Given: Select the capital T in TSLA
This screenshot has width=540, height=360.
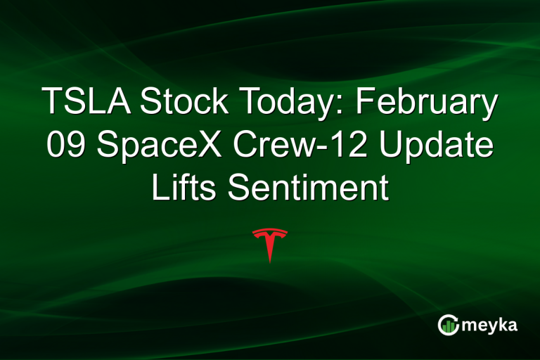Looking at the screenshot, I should click(51, 103).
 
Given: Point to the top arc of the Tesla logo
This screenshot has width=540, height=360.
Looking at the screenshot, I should click(270, 231).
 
